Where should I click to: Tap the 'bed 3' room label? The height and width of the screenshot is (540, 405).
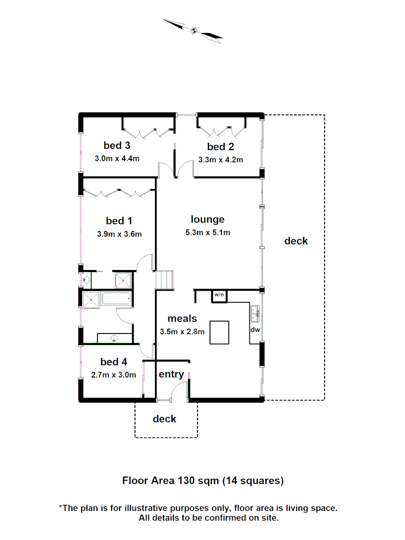point(117,145)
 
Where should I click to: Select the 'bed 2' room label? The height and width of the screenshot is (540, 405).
point(220,146)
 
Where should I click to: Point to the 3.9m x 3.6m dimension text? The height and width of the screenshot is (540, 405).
point(119,233)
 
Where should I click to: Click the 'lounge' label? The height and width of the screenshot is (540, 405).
point(207,219)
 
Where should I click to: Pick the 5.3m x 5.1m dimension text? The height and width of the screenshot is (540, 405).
point(207,232)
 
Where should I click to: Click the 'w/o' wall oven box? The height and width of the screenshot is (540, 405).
point(219,295)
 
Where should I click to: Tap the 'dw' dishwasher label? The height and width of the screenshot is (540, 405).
point(255,330)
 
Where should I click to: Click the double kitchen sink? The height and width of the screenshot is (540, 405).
point(255,313)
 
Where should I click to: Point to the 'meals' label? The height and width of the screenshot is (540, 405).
point(182,318)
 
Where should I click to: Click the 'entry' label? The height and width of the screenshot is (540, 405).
point(171,374)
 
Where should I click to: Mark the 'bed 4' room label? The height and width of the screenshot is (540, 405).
point(113,361)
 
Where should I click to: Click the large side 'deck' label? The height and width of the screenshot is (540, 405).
point(296,241)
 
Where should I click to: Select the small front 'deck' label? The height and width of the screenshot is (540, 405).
point(164,418)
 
